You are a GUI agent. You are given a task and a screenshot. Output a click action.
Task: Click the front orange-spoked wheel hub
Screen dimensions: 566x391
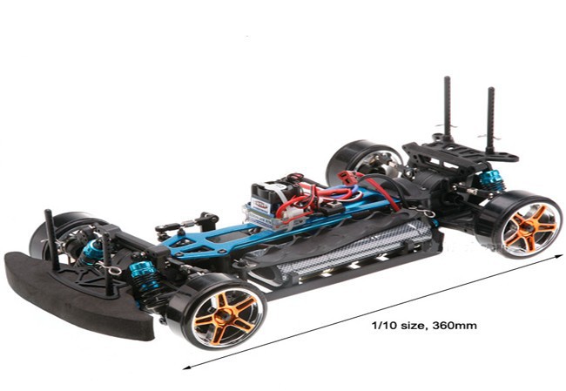(226, 317)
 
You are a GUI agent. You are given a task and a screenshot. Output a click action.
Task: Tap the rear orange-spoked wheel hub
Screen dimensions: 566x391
(530, 226)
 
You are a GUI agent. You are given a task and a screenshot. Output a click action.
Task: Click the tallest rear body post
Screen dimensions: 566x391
(448, 109)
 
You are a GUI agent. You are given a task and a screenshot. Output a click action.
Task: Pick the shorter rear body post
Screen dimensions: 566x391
(490, 119)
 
